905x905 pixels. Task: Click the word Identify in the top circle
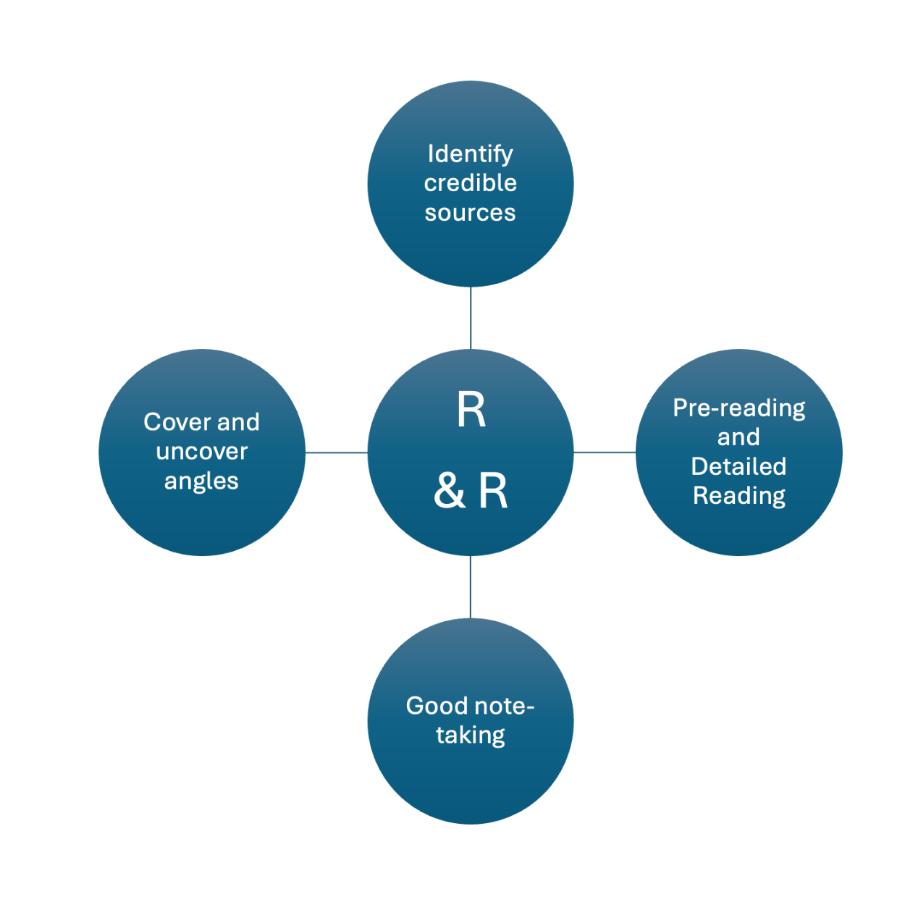pos(470,153)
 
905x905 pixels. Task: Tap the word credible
pos(470,183)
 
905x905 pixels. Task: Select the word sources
pos(470,213)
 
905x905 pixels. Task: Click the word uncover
pos(201,452)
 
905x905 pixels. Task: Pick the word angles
pos(201,481)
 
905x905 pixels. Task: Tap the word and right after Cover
pos(238,422)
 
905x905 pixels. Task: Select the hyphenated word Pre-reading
pos(738,408)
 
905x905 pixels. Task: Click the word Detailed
pos(738,466)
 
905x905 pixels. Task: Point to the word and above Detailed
pos(738,437)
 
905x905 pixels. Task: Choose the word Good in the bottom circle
pos(434,705)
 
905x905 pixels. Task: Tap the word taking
pos(470,735)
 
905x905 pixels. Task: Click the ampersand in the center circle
pos(450,490)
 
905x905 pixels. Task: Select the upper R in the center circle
pos(471,410)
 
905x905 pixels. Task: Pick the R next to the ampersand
pos(493,490)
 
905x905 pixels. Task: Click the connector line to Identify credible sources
pos(471,318)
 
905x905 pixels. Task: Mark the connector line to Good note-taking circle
pos(471,587)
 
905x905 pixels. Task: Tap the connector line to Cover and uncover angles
pos(336,452)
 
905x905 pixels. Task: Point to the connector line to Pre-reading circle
pos(605,452)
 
